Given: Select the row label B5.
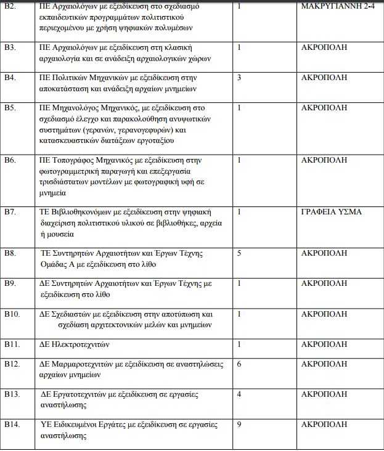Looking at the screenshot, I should tap(9, 107).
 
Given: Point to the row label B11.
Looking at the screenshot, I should tap(12, 344).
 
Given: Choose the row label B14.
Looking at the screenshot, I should tap(12, 425).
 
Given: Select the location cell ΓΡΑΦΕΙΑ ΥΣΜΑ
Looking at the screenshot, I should tap(331, 213).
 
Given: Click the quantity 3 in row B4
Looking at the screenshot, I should tap(239, 78).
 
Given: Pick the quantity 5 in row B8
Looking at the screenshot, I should tap(239, 253).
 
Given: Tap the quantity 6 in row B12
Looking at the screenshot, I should tap(239, 364).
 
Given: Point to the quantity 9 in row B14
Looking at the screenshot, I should tap(239, 425).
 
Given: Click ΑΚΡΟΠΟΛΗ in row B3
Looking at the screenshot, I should tap(324, 47).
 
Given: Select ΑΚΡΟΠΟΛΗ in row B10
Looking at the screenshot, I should tap(324, 314).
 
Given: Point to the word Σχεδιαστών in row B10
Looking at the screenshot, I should tap(73, 314).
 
